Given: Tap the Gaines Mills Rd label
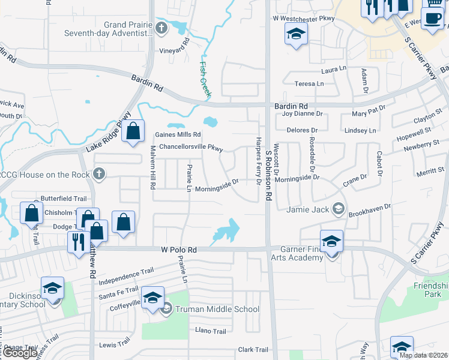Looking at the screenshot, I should (x=178, y=135).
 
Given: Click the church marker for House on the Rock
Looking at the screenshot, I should (x=99, y=174).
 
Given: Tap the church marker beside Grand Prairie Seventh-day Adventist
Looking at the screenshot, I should (x=161, y=28).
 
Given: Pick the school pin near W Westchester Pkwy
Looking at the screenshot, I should (x=295, y=35).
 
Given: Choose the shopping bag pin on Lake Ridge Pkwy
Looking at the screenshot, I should (x=133, y=130).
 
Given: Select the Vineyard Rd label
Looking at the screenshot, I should (x=174, y=50).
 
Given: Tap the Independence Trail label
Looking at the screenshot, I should (x=122, y=277).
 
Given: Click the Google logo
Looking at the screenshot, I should (x=20, y=353).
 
